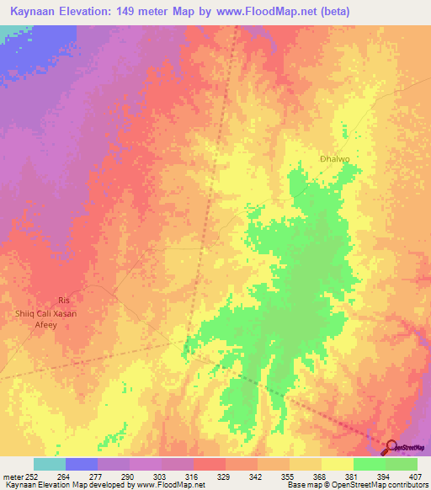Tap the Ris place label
(61, 301)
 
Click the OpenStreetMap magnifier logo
(391, 447)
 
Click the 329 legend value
(225, 476)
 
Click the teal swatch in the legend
(49, 464)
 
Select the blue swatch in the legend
(81, 464)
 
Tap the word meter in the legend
(13, 476)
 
